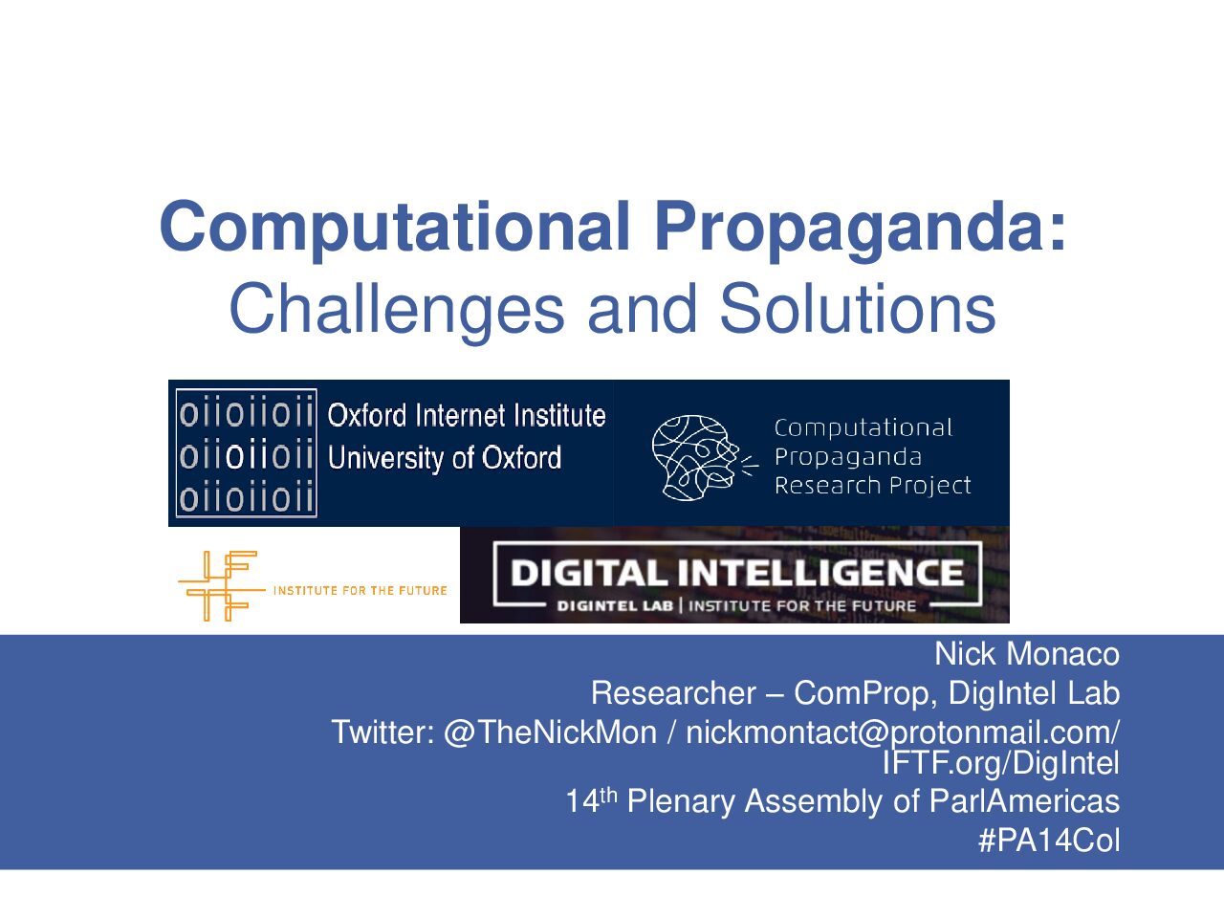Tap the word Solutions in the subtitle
pyautogui.click(x=858, y=308)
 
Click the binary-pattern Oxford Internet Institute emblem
pyautogui.click(x=246, y=452)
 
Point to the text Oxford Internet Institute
pyautogui.click(x=467, y=415)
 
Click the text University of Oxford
pyautogui.click(x=444, y=458)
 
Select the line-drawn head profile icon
pyautogui.click(x=705, y=457)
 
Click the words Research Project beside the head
pyautogui.click(x=873, y=486)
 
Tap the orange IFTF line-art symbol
pyautogui.click(x=222, y=586)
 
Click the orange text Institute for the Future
pyautogui.click(x=360, y=590)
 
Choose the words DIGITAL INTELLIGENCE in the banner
pyautogui.click(x=737, y=573)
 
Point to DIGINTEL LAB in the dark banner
pyautogui.click(x=615, y=606)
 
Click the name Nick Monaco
pyautogui.click(x=1027, y=654)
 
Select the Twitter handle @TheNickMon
pyautogui.click(x=550, y=732)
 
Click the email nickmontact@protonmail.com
pyautogui.click(x=902, y=732)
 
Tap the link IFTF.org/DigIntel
pyautogui.click(x=1000, y=764)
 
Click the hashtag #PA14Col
pyautogui.click(x=1048, y=841)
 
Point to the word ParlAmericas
pyautogui.click(x=1024, y=801)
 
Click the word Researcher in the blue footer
pyautogui.click(x=673, y=693)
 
